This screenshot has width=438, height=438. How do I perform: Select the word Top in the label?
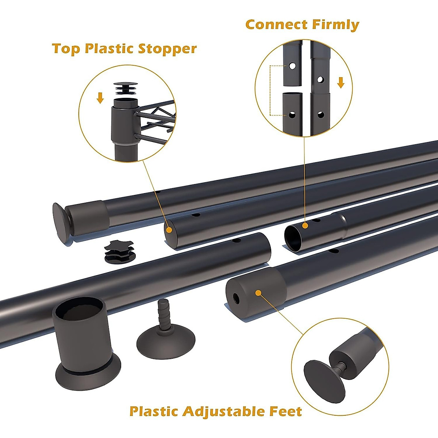coord(66,49)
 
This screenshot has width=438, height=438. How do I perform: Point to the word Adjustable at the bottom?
coord(224,411)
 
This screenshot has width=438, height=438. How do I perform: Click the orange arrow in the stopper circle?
coord(100,97)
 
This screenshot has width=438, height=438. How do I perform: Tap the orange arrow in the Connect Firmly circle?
coord(341,83)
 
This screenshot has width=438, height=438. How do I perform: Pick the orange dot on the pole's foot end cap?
coord(258,292)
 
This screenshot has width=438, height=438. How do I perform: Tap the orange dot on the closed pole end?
coord(169,230)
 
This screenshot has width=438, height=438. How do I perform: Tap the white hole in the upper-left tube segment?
coord(292,66)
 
